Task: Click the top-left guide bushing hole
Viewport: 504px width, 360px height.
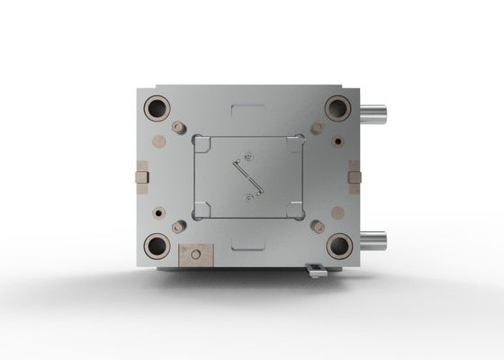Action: [157, 108]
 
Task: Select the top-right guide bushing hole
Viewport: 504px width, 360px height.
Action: [337, 108]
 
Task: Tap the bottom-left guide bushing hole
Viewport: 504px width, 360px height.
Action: [157, 245]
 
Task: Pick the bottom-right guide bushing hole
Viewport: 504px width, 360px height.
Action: [338, 245]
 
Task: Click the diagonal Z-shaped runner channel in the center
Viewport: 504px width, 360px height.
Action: [247, 176]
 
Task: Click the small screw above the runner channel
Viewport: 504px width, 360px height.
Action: [247, 155]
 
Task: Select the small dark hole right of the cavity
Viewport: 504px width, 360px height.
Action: [336, 140]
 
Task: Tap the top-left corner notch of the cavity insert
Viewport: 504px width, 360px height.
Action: [200, 140]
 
